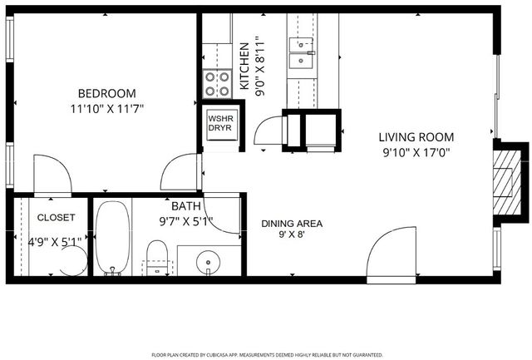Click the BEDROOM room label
(x=106, y=93)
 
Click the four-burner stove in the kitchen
(x=218, y=83)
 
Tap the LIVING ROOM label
(x=416, y=137)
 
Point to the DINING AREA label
(x=291, y=223)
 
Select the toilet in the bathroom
(x=157, y=254)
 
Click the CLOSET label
(x=56, y=218)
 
